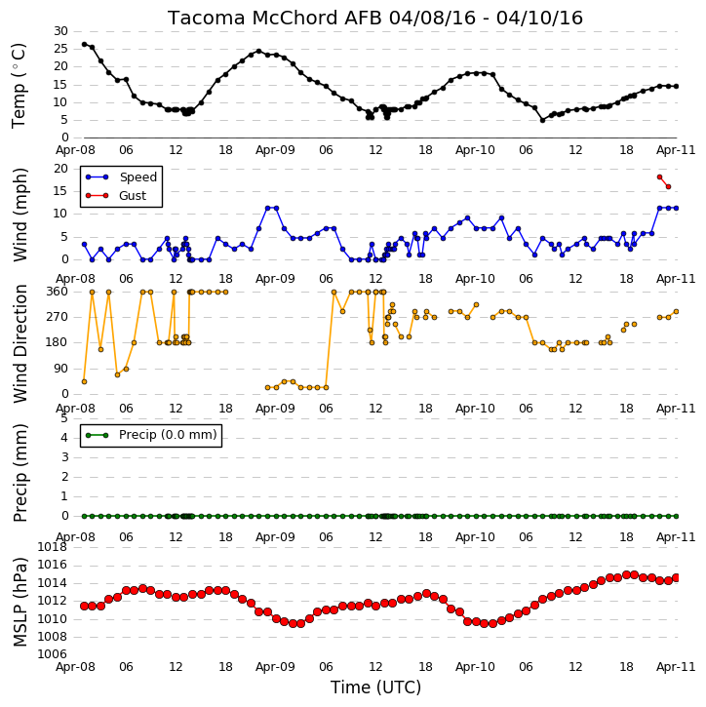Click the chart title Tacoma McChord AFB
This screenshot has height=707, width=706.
tap(275, 18)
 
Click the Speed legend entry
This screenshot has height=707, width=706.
tap(121, 177)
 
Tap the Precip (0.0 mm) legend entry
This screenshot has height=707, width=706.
tap(151, 435)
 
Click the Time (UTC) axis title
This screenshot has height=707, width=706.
tap(375, 687)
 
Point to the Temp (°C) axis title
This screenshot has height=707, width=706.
tap(19, 86)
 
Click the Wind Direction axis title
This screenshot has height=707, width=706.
tap(20, 343)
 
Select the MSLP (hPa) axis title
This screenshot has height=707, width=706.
tap(20, 603)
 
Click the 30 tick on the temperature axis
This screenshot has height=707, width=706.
tap(60, 31)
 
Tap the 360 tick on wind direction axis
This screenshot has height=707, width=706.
tap(58, 292)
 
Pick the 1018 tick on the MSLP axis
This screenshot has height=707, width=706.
tap(53, 547)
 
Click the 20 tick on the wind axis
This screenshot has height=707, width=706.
tap(60, 169)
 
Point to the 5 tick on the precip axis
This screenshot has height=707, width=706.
tap(64, 418)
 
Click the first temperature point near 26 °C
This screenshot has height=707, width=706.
tap(84, 44)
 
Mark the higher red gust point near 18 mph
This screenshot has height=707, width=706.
tap(659, 177)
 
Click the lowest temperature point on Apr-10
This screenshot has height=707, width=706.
tap(543, 120)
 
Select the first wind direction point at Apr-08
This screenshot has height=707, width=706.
tap(84, 382)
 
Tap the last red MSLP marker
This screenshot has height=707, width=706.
tap(676, 577)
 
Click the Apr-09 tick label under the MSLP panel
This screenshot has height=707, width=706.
tap(275, 667)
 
